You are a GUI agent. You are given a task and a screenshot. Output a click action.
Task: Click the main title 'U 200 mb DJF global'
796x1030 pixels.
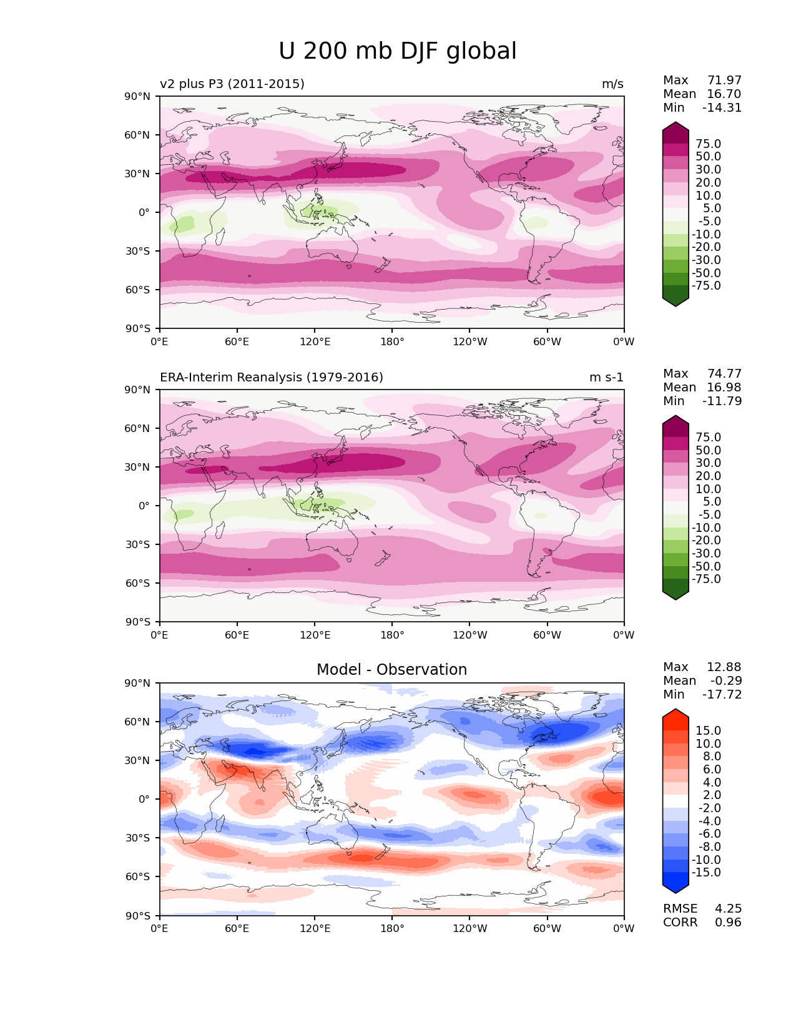[x=397, y=51]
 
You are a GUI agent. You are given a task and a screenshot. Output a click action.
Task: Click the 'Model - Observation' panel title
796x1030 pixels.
[x=391, y=670]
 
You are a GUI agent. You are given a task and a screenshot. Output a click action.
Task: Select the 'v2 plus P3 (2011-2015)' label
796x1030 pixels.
[x=232, y=84]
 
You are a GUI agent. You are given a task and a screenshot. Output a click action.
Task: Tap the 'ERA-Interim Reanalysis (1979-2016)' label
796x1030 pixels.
[x=272, y=378]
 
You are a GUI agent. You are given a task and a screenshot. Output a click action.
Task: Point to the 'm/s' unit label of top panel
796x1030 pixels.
[x=612, y=84]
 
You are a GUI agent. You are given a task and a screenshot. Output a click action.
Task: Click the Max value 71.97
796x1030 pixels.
[x=724, y=81]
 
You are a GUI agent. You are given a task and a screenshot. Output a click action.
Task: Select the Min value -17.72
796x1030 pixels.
[x=722, y=695]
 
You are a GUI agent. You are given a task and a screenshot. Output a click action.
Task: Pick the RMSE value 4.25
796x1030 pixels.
[x=728, y=909]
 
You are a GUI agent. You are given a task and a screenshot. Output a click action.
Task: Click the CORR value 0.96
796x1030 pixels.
[x=728, y=923]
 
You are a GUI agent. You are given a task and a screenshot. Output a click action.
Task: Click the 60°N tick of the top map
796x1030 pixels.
[x=138, y=135]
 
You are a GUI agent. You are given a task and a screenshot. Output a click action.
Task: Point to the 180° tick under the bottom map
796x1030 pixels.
[x=392, y=929]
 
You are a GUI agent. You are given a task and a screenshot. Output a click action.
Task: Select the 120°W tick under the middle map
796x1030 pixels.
[x=469, y=635]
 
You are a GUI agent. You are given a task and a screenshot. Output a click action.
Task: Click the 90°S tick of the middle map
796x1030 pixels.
[x=138, y=622]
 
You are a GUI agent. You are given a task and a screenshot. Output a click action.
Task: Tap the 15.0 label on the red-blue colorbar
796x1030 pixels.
[x=708, y=731]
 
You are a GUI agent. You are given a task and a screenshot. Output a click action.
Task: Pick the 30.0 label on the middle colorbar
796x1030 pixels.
[x=708, y=463]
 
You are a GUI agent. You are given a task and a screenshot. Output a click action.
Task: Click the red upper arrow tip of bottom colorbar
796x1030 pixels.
[x=676, y=713]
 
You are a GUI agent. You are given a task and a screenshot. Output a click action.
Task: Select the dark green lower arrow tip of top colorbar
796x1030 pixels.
[x=676, y=303]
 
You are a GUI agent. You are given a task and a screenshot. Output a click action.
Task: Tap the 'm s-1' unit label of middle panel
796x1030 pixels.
[x=606, y=378]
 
